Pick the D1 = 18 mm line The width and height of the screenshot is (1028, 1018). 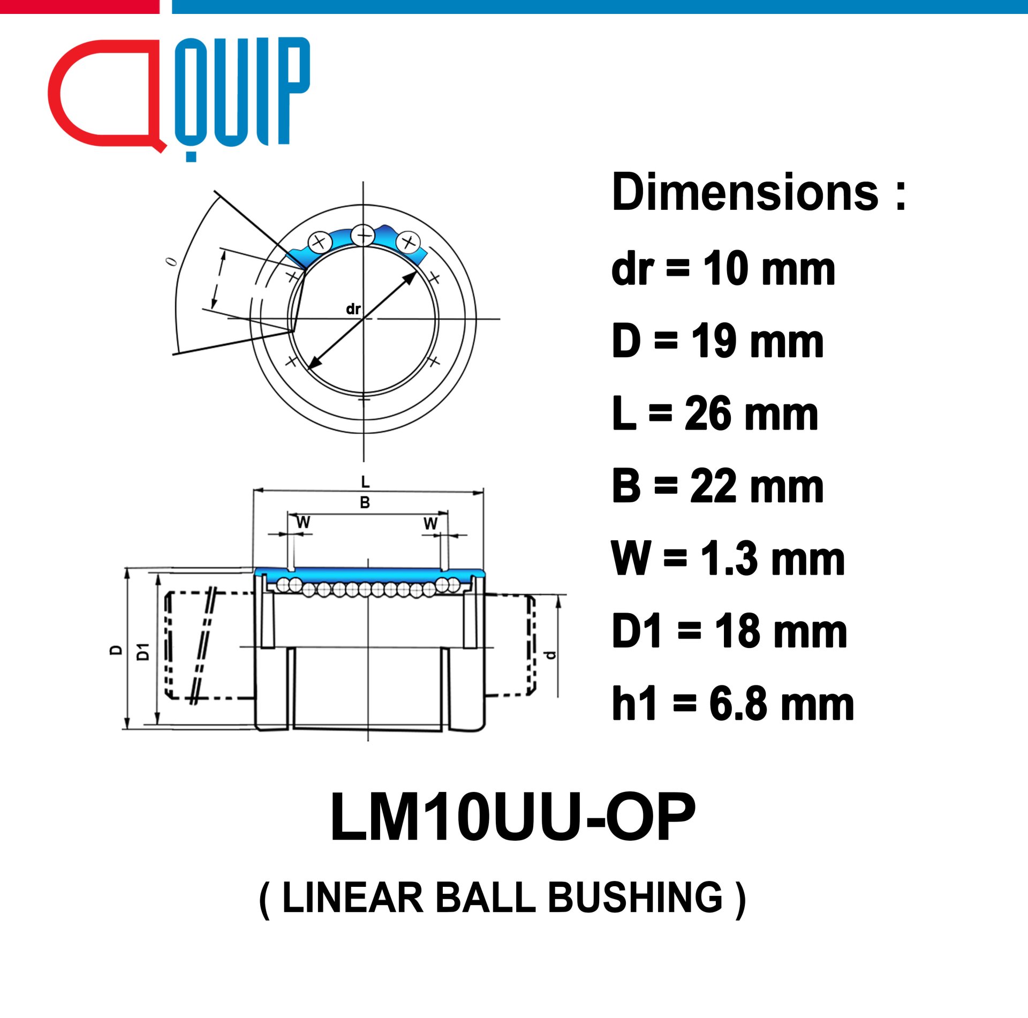click(730, 631)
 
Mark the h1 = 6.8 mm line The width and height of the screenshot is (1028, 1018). click(733, 704)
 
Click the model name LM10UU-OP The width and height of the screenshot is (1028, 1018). click(513, 817)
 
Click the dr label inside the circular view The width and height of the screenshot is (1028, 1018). click(353, 309)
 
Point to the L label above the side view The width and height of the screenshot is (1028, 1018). click(365, 482)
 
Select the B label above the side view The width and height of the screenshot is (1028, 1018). click(365, 502)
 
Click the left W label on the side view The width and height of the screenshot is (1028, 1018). click(303, 522)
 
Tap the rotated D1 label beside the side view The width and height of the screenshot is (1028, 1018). click(143, 652)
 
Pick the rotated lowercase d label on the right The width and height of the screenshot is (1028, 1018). click(550, 655)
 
